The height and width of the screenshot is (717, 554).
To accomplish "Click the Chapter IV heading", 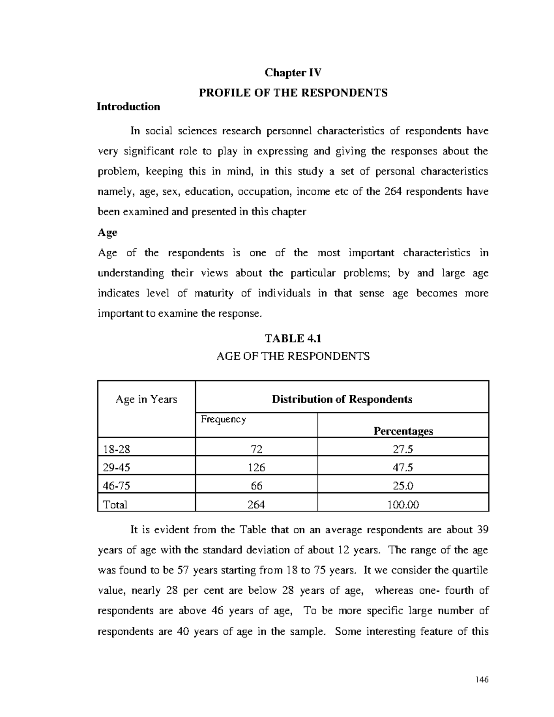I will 293,73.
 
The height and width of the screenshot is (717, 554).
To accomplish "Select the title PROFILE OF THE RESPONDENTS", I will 293,93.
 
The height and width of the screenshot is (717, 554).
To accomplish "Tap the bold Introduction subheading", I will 128,107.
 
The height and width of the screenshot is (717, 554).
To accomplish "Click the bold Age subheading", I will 108,232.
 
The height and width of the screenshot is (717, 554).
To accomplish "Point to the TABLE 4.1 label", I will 293,338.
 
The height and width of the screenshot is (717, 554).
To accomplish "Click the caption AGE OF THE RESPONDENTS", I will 293,356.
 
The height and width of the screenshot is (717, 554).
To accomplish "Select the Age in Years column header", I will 146,399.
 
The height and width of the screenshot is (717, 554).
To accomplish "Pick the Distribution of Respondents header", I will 342,399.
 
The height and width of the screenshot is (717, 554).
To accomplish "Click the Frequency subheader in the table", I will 223,419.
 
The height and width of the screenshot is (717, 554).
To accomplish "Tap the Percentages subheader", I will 403,431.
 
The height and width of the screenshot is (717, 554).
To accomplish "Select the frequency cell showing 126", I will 256,467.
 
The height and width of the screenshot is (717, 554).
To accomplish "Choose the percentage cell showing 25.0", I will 403,486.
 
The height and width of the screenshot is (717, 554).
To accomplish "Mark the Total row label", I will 115,505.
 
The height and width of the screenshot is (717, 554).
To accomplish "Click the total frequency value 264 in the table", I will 256,505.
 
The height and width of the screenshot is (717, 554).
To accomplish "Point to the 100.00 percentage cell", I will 403,505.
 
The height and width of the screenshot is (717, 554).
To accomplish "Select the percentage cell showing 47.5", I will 403,467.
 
